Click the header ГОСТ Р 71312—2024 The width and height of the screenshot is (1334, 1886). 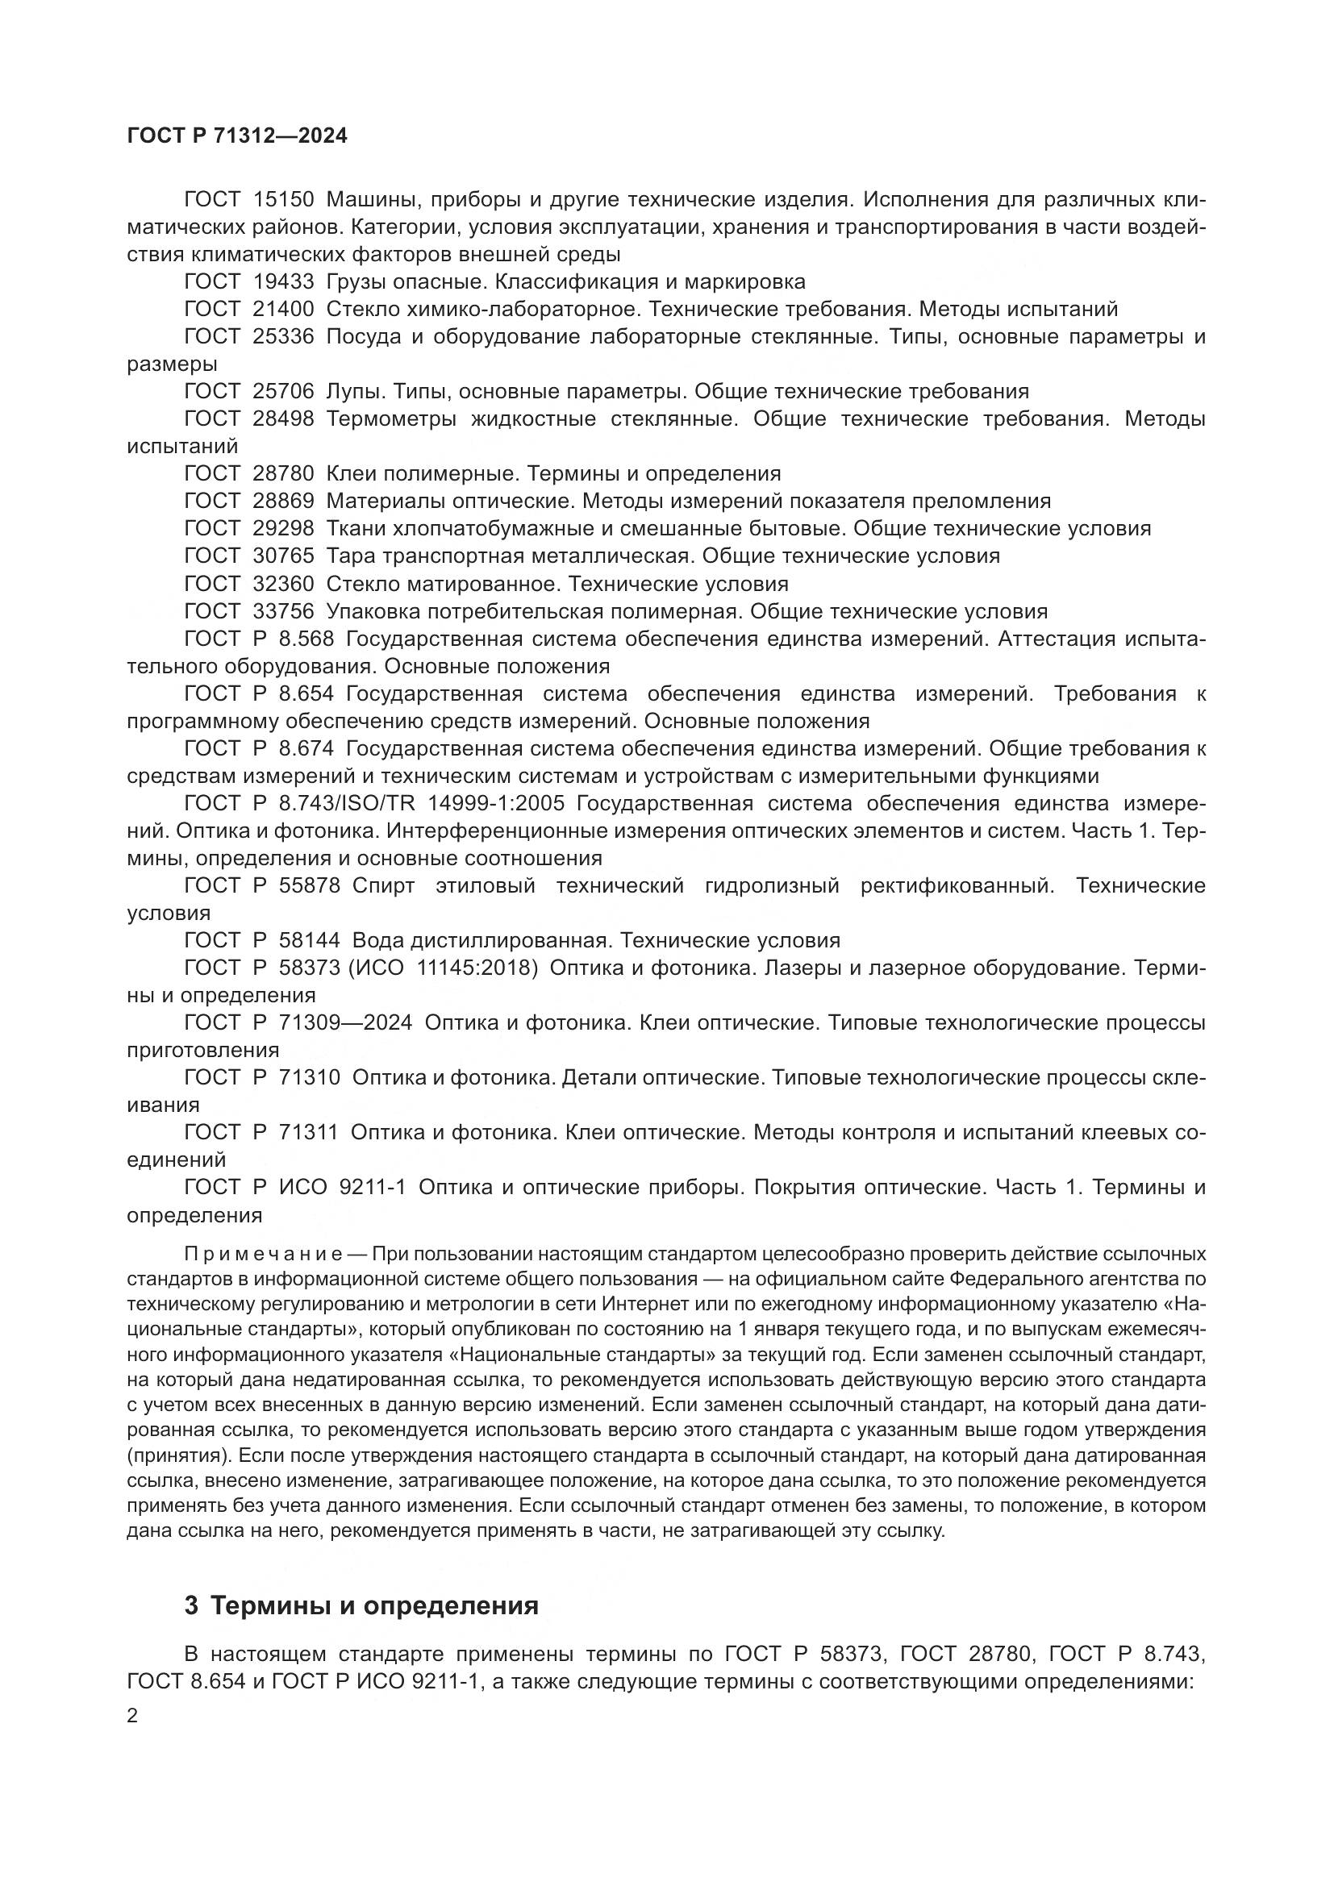point(237,136)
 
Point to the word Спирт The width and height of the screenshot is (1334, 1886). point(384,885)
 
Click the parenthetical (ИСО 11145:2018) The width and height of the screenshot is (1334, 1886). point(444,968)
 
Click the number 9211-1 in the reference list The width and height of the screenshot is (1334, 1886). point(372,1187)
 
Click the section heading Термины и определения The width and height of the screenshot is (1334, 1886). point(374,1606)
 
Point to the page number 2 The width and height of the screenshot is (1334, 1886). point(133,1716)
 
